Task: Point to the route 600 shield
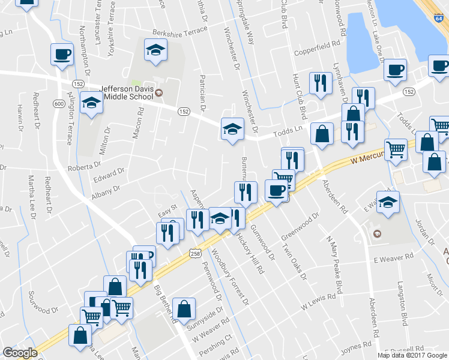(x=58, y=104)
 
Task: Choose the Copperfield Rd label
(x=317, y=44)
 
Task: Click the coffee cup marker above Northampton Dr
(x=62, y=55)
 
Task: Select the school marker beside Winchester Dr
(x=232, y=128)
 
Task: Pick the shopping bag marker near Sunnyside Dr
(x=184, y=309)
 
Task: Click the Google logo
(x=20, y=352)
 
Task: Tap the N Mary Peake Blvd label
(x=334, y=265)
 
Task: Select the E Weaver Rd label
(x=394, y=259)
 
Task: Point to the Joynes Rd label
(x=357, y=346)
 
